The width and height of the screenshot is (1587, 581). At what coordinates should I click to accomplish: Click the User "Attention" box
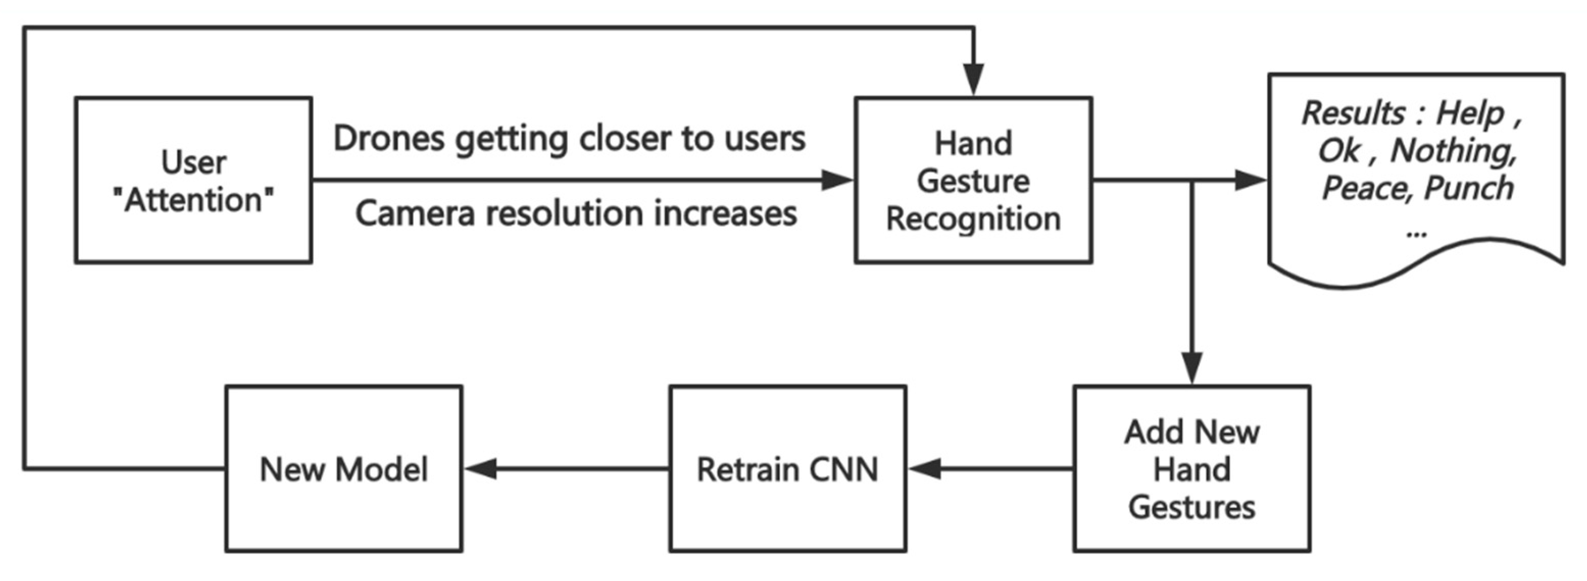193,180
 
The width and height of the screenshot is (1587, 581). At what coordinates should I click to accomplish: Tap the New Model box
344,469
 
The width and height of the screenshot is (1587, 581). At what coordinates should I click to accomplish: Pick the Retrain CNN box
787,469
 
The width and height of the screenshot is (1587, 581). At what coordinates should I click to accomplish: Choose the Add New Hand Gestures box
1192,469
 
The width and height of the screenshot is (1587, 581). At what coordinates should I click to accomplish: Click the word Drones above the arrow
389,139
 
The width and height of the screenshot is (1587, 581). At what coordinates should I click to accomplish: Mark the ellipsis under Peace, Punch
1417,232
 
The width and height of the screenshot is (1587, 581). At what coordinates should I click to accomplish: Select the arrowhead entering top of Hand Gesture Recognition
974,80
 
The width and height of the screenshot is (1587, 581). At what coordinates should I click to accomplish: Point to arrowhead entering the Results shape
1251,180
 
